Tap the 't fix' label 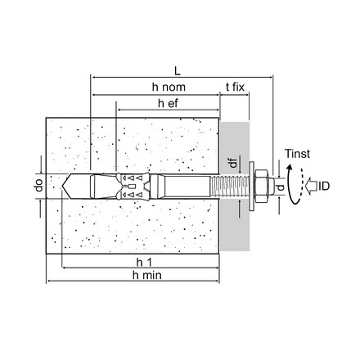tap(237, 88)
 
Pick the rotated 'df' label tap(233, 164)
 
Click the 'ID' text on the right tap(323, 187)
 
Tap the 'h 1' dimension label tap(144, 261)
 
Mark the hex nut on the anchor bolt tap(263, 186)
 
